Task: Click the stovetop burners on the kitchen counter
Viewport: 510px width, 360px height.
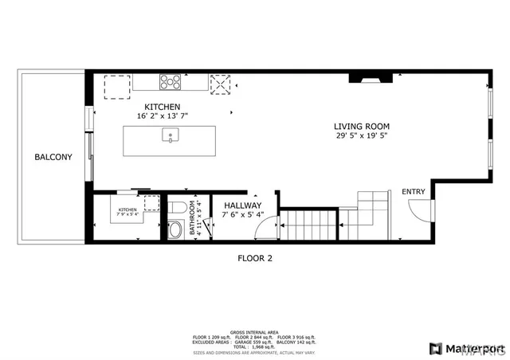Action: pyautogui.click(x=169, y=80)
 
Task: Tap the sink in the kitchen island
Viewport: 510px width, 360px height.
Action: pyautogui.click(x=170, y=136)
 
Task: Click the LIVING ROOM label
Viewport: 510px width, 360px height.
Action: pyautogui.click(x=361, y=126)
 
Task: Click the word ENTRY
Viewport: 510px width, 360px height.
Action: pyautogui.click(x=414, y=191)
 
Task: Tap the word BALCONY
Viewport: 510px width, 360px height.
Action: pyautogui.click(x=53, y=157)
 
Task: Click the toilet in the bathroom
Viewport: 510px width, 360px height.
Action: pyautogui.click(x=177, y=209)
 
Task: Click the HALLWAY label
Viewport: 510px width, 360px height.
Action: pyautogui.click(x=242, y=205)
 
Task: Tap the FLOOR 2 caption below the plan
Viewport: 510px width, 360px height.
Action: pyautogui.click(x=255, y=257)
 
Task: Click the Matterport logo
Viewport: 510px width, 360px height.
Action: pyautogui.click(x=466, y=348)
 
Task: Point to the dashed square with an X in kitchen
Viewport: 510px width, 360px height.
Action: pyautogui.click(x=220, y=82)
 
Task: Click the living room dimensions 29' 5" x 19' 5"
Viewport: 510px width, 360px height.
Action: pyautogui.click(x=361, y=136)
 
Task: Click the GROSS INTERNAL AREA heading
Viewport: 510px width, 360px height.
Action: pyautogui.click(x=254, y=331)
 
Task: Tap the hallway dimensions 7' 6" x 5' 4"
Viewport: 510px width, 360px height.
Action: pyautogui.click(x=242, y=214)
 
